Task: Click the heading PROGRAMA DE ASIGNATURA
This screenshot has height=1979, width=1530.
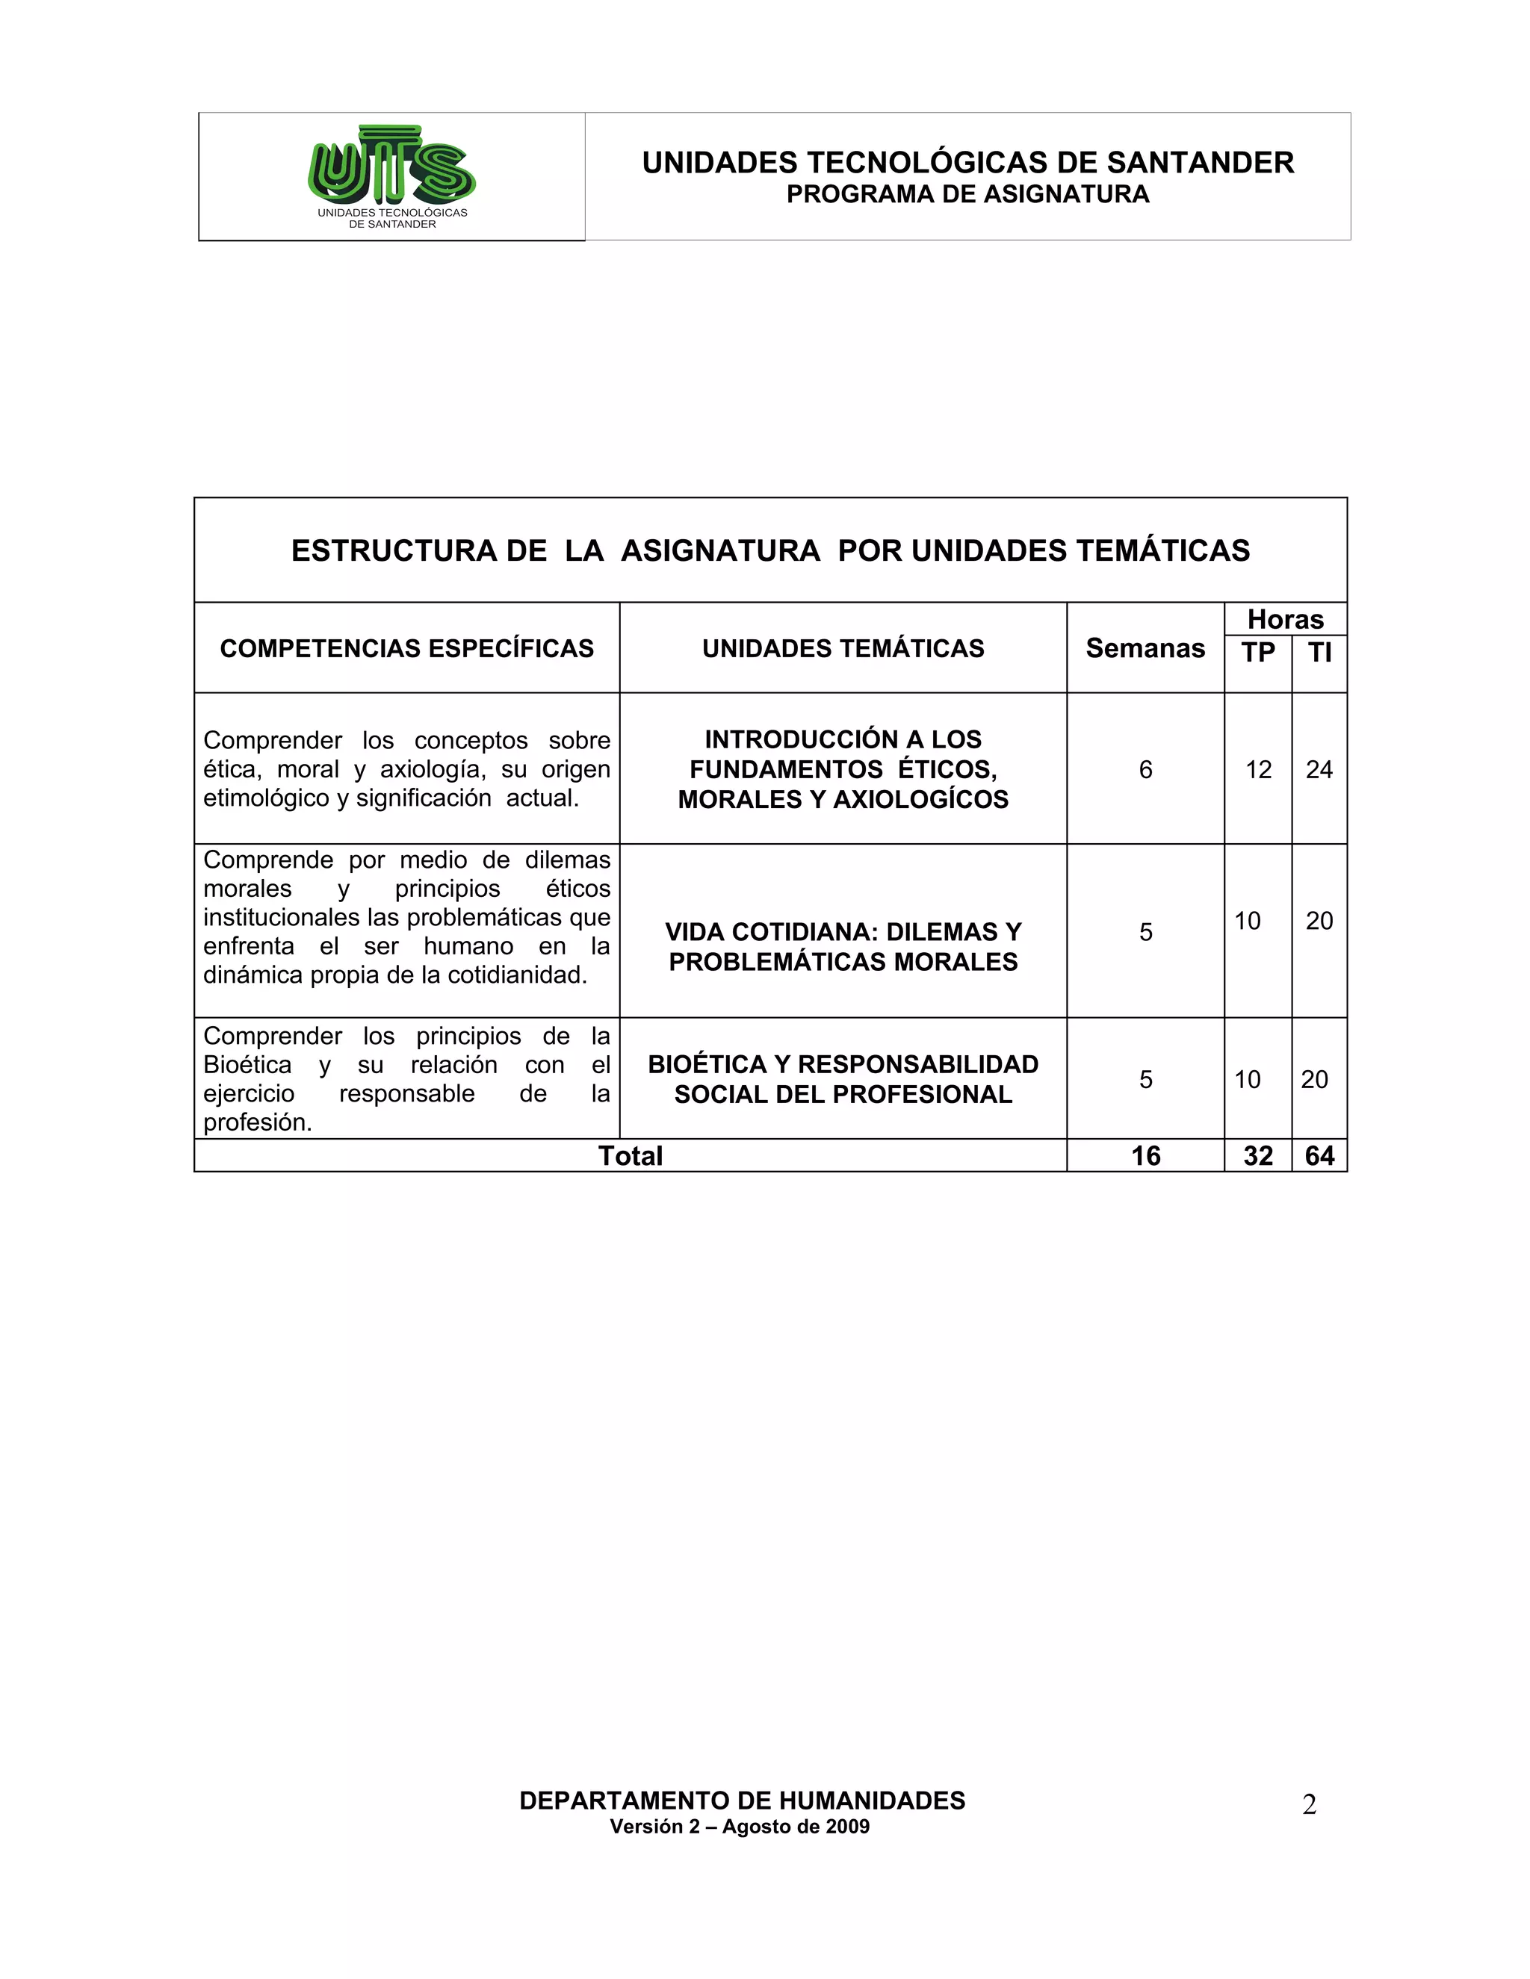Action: (x=967, y=195)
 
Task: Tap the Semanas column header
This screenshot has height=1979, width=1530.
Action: (x=1145, y=649)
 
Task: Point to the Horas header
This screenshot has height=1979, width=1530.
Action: (x=1285, y=620)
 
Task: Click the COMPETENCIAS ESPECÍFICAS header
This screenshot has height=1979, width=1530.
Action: (x=407, y=649)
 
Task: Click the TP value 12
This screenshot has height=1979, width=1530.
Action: (x=1258, y=770)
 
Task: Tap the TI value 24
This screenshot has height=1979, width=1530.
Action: (x=1319, y=770)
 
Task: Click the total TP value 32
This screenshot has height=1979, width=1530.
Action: (x=1258, y=1156)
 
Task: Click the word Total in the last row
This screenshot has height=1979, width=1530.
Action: (x=630, y=1156)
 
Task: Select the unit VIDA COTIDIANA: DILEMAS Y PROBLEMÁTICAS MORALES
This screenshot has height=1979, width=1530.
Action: (x=843, y=947)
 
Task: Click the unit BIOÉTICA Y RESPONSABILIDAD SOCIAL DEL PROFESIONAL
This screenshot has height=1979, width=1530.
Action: (x=843, y=1079)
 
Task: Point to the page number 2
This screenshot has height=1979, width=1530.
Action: (x=1309, y=1806)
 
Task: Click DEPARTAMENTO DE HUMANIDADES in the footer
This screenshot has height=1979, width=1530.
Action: (x=743, y=1801)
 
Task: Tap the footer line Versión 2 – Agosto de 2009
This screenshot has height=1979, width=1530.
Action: (x=740, y=1827)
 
